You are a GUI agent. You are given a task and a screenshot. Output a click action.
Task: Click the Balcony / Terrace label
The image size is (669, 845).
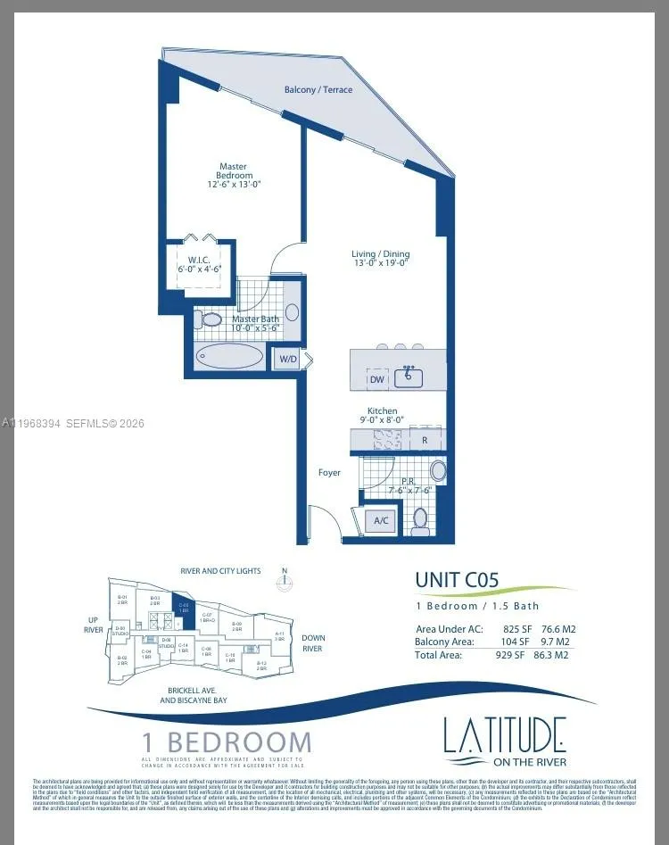coord(318,90)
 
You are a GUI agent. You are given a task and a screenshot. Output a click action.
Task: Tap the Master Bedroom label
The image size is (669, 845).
coord(233,170)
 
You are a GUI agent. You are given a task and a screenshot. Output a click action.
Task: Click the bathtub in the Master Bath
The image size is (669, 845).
coord(229,357)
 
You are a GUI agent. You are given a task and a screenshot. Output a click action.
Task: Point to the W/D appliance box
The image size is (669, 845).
coord(288,359)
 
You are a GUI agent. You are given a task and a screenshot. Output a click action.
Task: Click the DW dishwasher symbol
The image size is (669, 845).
coord(377,378)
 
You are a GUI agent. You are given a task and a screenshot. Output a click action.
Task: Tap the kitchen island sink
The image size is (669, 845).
coord(410,375)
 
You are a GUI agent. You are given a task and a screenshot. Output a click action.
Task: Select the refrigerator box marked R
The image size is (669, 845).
coord(425,439)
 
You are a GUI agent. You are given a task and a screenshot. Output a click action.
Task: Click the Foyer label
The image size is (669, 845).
coord(329,472)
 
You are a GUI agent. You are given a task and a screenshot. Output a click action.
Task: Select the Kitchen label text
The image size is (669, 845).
coord(383,411)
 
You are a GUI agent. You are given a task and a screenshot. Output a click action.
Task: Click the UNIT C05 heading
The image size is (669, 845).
coord(457,580)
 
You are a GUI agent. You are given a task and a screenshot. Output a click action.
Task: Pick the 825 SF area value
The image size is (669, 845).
coord(516,629)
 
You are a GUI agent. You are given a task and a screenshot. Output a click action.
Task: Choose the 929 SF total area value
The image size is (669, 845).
coord(516,654)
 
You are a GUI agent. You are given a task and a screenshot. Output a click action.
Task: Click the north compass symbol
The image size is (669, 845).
coord(284,581)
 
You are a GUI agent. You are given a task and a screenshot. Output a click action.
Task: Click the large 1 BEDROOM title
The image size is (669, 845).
coord(227,741)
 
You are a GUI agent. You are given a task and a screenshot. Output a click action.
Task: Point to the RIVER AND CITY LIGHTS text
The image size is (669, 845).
coord(220,570)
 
